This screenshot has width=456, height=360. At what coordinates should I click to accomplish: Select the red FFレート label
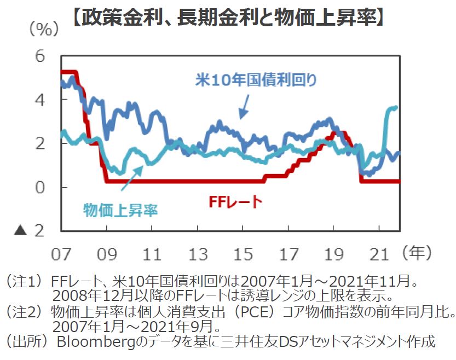(x=235, y=202)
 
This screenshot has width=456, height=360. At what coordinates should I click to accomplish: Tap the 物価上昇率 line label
(x=120, y=209)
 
